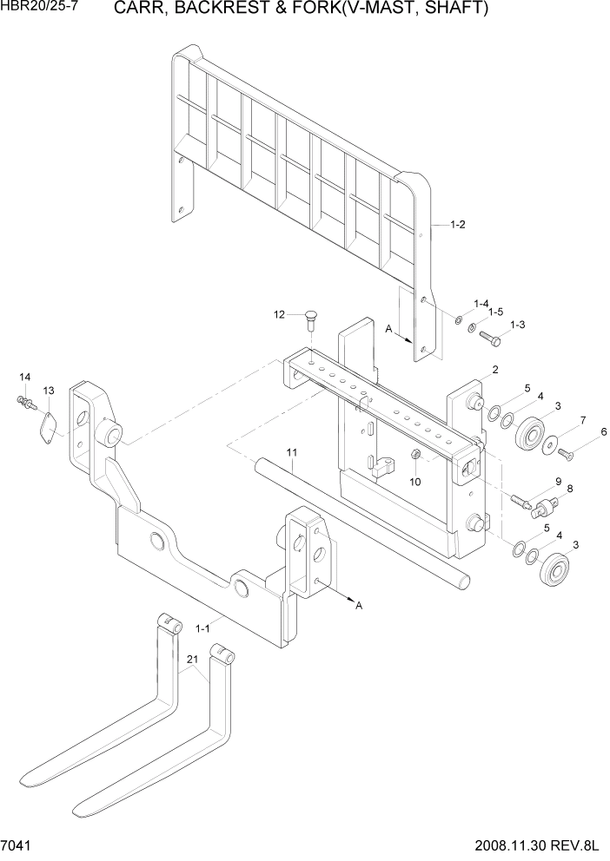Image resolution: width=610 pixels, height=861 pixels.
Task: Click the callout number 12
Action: tap(280, 314)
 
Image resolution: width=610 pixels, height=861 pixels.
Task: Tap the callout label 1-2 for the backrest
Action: tap(458, 225)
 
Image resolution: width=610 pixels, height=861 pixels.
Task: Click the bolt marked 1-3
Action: tap(488, 337)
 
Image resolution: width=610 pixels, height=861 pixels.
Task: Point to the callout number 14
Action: tap(24, 377)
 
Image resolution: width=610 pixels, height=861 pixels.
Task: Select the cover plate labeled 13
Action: tap(49, 426)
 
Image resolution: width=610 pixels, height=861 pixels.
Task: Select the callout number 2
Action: tap(494, 370)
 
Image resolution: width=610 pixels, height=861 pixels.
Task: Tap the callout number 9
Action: tap(557, 482)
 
